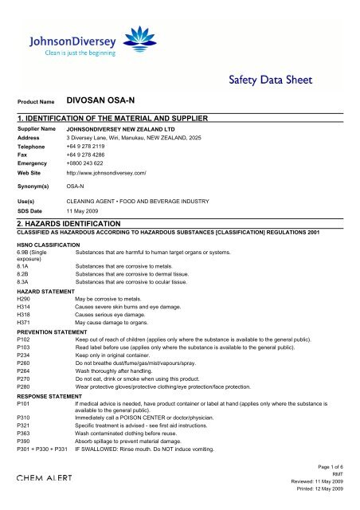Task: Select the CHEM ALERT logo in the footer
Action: (44, 478)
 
